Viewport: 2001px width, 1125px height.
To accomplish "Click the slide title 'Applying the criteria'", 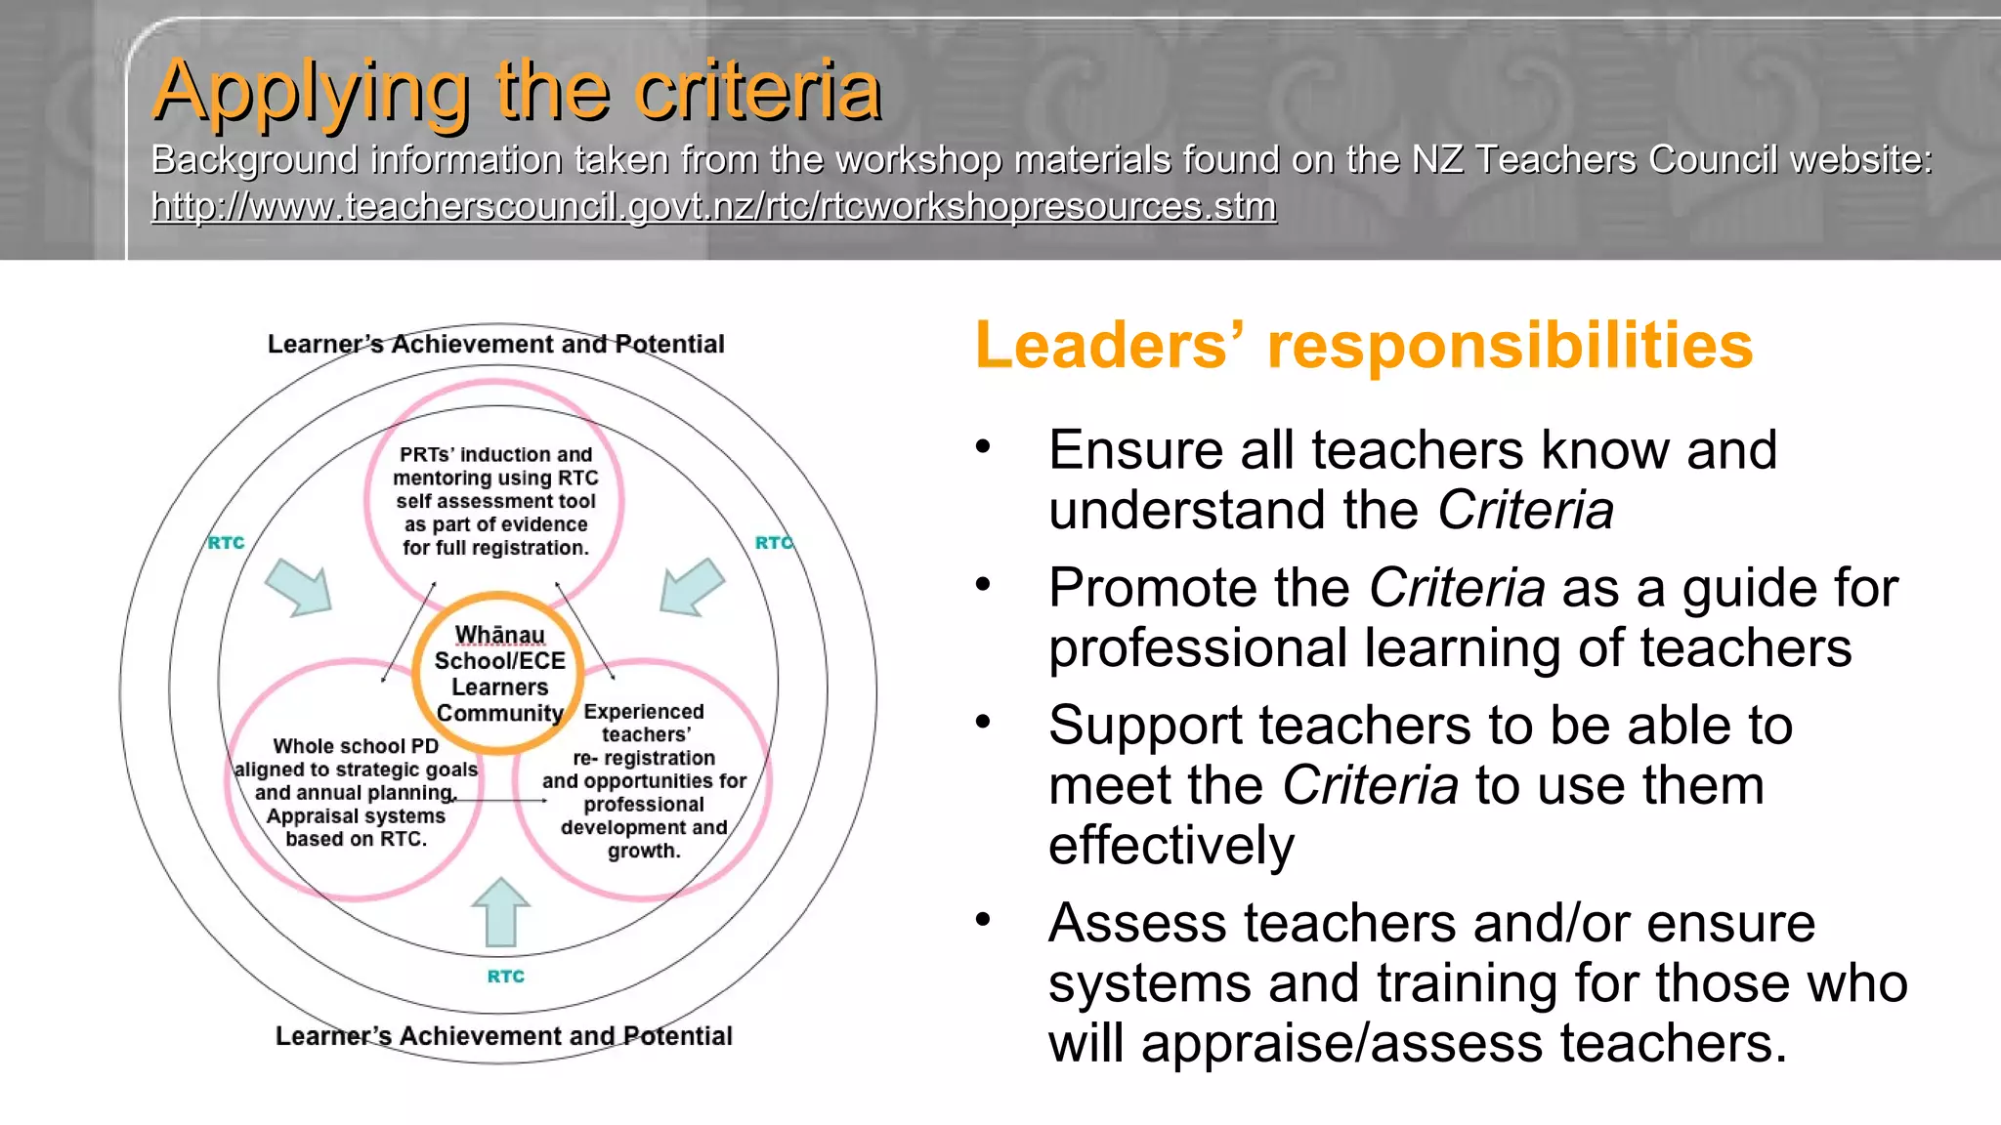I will tap(518, 91).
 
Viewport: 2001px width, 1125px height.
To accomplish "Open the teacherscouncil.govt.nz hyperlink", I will tap(713, 207).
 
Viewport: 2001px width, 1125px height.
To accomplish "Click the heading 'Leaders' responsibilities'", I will tap(1364, 346).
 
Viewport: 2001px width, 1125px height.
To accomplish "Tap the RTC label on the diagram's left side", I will tap(226, 543).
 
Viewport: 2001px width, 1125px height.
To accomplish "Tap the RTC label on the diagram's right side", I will tap(774, 543).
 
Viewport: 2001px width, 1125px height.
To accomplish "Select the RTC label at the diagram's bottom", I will tap(506, 977).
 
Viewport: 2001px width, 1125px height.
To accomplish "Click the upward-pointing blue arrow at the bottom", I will tap(500, 912).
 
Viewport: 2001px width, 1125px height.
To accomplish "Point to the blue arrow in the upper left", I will tap(300, 587).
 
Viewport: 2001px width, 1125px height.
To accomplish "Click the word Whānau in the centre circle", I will tap(500, 635).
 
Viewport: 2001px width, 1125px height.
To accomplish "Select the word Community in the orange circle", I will tap(500, 714).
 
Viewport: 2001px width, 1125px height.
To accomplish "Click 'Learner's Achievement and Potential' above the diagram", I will tap(496, 344).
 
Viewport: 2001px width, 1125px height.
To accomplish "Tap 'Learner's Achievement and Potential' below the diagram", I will tap(503, 1036).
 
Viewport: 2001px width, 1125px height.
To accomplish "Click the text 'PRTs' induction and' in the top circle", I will tap(496, 455).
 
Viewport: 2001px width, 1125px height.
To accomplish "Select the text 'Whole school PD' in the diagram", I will tap(356, 746).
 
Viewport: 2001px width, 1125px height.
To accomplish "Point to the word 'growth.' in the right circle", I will tap(644, 851).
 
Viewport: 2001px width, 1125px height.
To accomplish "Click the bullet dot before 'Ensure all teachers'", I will tap(983, 448).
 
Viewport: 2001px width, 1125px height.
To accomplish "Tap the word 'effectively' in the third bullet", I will tap(1171, 846).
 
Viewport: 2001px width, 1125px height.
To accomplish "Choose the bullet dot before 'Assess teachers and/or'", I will tap(983, 920).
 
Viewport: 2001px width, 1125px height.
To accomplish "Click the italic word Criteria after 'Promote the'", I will tap(1457, 589).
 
